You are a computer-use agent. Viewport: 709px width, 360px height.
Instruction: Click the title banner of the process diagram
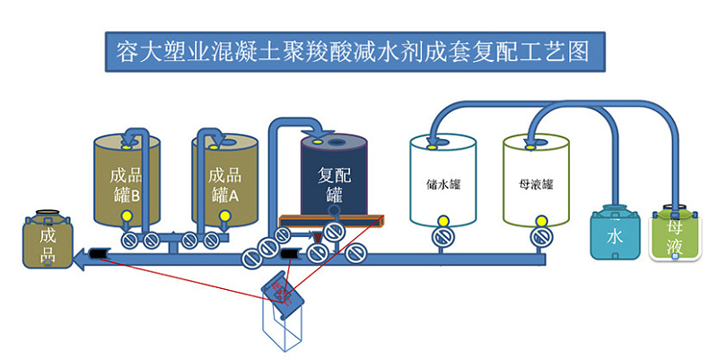coord(354,50)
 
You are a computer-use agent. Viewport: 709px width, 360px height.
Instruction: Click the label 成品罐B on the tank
coord(126,184)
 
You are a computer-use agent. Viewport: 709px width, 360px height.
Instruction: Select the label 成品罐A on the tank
coord(224,184)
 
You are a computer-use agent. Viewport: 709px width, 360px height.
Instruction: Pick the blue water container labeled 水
coord(614,235)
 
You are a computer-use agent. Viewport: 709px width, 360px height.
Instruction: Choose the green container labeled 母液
coord(676,235)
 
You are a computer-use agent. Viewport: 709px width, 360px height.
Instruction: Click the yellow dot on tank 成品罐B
coord(127,215)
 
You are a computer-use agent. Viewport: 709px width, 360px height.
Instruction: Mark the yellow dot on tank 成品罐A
coord(223,215)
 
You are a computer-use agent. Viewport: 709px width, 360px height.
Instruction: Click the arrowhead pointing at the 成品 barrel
coord(81,259)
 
